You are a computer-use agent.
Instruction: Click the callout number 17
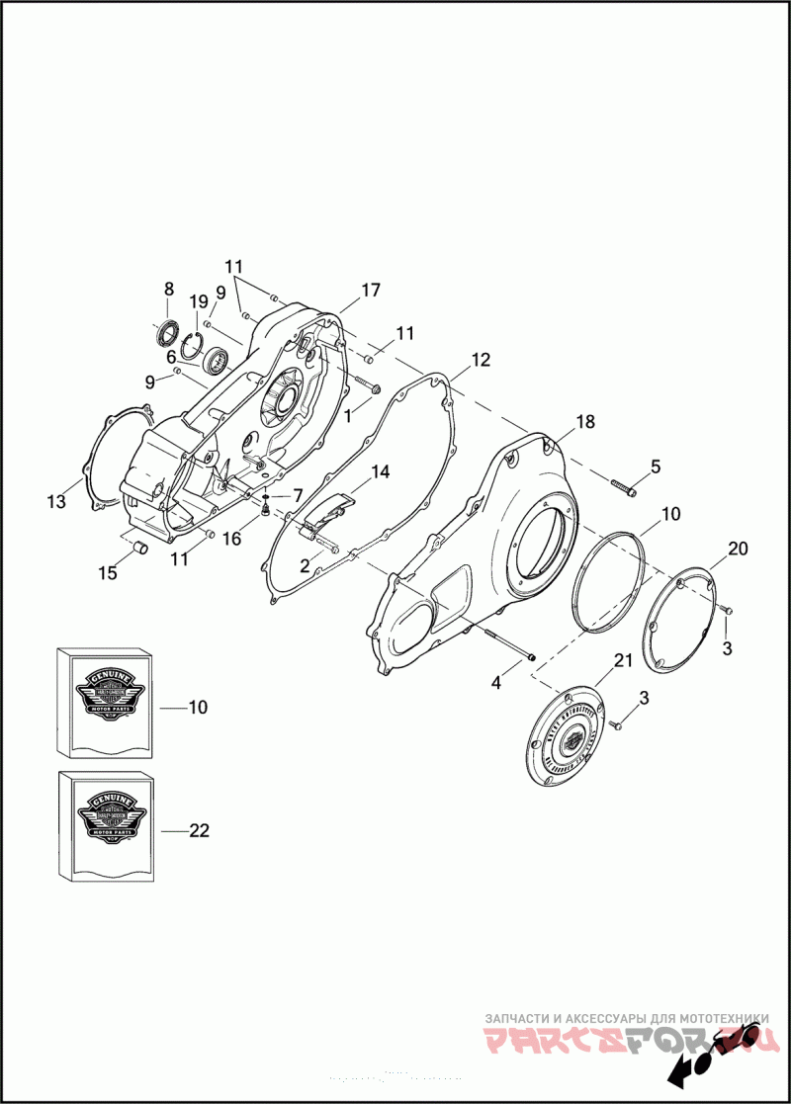pyautogui.click(x=370, y=291)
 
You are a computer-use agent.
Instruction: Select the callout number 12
pyautogui.click(x=480, y=360)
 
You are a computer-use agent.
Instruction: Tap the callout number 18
pyautogui.click(x=585, y=422)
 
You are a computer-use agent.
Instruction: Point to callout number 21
pyautogui.click(x=622, y=660)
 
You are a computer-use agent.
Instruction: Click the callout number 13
pyautogui.click(x=56, y=502)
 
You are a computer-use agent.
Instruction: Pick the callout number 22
pyautogui.click(x=199, y=831)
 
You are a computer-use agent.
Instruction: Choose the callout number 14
pyautogui.click(x=380, y=472)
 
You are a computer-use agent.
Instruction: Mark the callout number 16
pyautogui.click(x=231, y=539)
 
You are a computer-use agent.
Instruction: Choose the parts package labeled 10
pyautogui.click(x=107, y=702)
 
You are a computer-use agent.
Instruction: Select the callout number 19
pyautogui.click(x=198, y=301)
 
